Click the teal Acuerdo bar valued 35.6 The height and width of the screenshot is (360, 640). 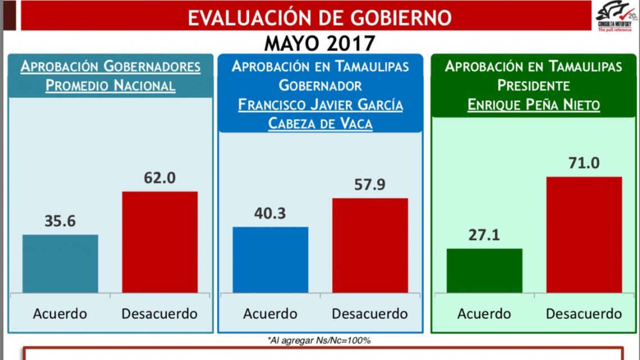point(60,263)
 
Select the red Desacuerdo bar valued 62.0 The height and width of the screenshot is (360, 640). point(160,242)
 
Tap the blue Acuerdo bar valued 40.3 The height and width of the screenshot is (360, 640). point(271,259)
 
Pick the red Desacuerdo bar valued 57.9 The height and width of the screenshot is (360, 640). point(370,245)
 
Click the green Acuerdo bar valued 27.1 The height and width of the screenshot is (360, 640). point(484,270)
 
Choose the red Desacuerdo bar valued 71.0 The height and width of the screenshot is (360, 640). point(584,235)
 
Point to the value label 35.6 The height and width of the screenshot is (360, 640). point(60,221)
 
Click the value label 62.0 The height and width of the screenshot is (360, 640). point(160,178)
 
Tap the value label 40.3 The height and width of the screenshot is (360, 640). point(271,213)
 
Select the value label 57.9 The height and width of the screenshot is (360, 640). point(370,184)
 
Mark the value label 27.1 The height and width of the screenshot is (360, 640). point(484,235)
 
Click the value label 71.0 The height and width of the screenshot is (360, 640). point(584,163)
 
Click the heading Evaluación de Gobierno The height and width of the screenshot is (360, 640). point(319,17)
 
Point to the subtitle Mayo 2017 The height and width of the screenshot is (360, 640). point(319,43)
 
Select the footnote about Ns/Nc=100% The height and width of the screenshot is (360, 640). point(319,340)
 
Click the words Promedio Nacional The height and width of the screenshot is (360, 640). point(111,86)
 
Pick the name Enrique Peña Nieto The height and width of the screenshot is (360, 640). point(533,105)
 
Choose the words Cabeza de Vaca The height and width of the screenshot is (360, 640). point(320,124)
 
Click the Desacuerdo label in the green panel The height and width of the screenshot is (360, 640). point(584,313)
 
